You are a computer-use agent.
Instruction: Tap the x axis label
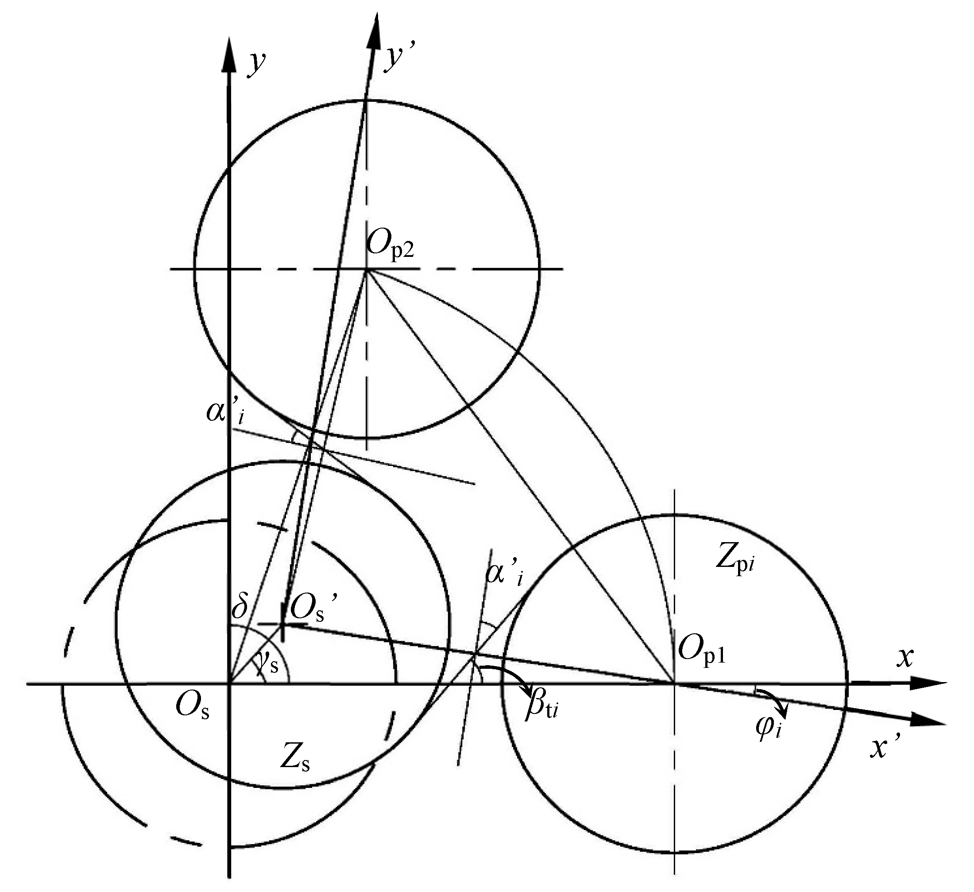(x=904, y=658)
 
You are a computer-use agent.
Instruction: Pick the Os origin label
(x=192, y=707)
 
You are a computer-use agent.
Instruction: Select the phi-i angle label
(x=769, y=728)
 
